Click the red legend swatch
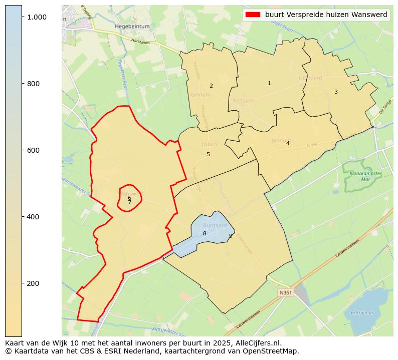click(252, 15)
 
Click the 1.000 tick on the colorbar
click(37, 17)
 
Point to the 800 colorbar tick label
click(34, 84)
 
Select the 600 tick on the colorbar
click(34, 150)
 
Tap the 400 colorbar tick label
click(34, 217)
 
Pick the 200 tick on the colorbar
click(34, 283)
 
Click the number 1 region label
click(269, 83)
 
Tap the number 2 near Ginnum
click(211, 86)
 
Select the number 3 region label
click(336, 92)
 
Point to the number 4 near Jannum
click(288, 143)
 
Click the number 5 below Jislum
click(208, 154)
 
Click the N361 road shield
click(285, 292)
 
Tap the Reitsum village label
click(244, 101)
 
